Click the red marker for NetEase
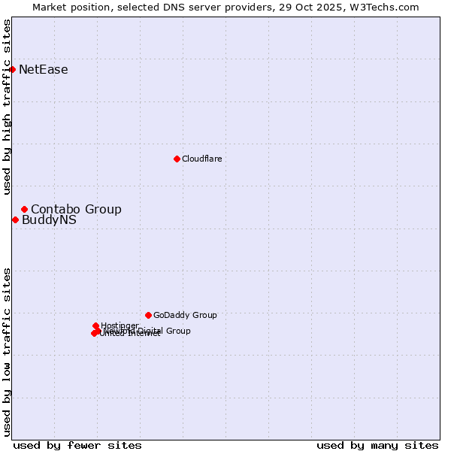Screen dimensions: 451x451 [13, 70]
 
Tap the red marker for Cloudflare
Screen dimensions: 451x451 [177, 159]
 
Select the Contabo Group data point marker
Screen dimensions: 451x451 [24, 209]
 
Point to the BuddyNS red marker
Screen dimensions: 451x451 [15, 220]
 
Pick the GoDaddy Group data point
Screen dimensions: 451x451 [148, 315]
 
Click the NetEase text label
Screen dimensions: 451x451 [44, 70]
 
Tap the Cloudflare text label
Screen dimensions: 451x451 [201, 159]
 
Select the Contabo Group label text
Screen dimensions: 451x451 [76, 209]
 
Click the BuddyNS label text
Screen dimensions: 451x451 [49, 220]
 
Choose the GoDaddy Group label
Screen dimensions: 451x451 [185, 315]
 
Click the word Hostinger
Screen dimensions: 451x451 [120, 325]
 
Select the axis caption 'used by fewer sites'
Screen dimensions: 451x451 [77, 445]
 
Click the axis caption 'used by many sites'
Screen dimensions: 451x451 [377, 445]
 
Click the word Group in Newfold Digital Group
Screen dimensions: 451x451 [178, 331]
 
